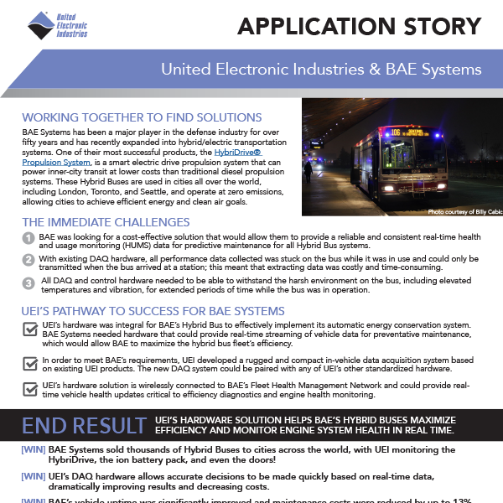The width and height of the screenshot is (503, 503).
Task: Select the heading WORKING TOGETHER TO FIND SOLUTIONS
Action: [142, 117]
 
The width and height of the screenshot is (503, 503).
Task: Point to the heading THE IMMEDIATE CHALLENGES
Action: [106, 222]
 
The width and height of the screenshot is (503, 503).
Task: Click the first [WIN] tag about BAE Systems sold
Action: [34, 449]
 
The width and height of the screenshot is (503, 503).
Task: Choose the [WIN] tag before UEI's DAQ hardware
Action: [34, 474]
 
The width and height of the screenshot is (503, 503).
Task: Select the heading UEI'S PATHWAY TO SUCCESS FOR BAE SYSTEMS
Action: [153, 311]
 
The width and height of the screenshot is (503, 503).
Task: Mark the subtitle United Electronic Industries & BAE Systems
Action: [320, 68]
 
